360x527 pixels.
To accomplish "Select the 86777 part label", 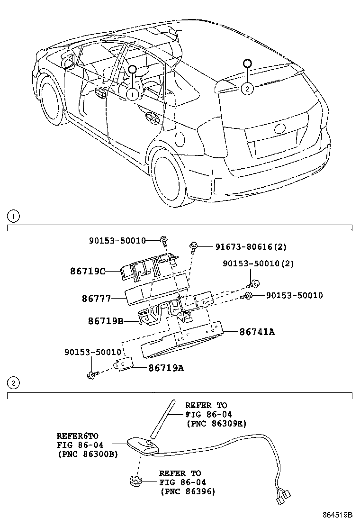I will [96, 299].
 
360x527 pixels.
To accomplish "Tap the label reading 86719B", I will [105, 321].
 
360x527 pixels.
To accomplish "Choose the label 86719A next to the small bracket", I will [166, 367].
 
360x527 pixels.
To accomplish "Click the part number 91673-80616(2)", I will [251, 246].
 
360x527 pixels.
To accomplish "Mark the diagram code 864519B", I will [338, 515].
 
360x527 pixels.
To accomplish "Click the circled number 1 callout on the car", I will [132, 94].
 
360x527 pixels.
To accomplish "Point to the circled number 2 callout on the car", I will [247, 88].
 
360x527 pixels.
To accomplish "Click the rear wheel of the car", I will [169, 180].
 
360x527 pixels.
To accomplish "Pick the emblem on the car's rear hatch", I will [280, 129].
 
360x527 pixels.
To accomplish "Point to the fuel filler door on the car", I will [180, 139].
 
